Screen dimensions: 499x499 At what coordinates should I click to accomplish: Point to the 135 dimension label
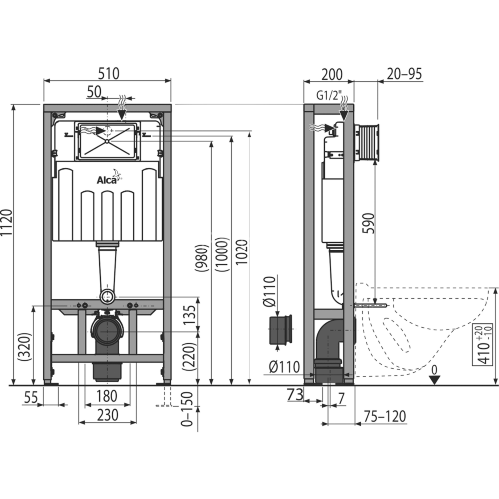point(187,315)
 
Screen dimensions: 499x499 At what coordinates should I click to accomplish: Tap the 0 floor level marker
point(434,374)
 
